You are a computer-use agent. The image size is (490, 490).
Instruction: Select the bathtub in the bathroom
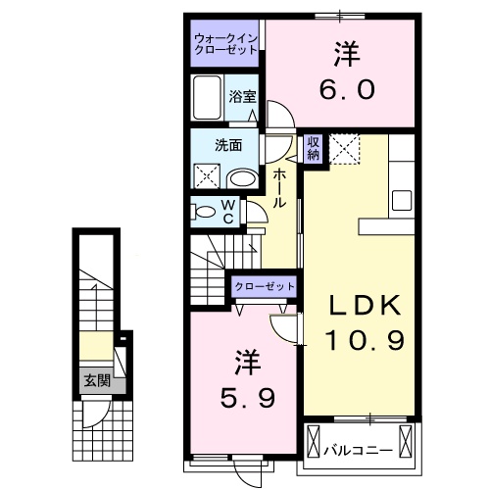point(209,99)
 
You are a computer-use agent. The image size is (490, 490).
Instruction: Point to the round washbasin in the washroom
point(242,177)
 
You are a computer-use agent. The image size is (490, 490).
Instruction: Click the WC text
point(226,212)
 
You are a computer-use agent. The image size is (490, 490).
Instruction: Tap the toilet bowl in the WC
point(204,211)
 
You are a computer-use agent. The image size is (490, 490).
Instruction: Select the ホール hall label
point(280,186)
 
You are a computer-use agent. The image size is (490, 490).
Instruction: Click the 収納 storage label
point(314,148)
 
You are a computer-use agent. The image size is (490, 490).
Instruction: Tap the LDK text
point(364,307)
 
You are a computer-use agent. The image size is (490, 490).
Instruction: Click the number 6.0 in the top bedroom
point(345,89)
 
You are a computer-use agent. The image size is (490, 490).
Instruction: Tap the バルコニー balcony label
point(359,452)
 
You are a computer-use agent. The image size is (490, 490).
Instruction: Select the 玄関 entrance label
point(95,380)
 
